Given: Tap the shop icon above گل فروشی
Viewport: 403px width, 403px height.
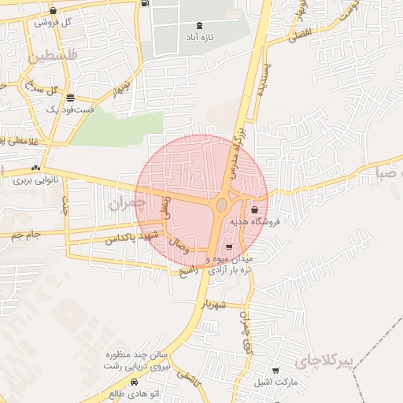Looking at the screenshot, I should click(53, 11).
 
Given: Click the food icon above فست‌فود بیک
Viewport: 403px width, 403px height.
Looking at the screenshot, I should click(71, 98).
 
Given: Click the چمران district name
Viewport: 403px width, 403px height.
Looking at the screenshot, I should click(128, 203).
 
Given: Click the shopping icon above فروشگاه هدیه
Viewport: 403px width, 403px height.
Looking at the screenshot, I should click(255, 210).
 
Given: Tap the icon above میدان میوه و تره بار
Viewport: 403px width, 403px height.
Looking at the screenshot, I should click(229, 247).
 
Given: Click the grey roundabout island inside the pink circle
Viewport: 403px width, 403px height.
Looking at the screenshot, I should click(222, 205).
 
